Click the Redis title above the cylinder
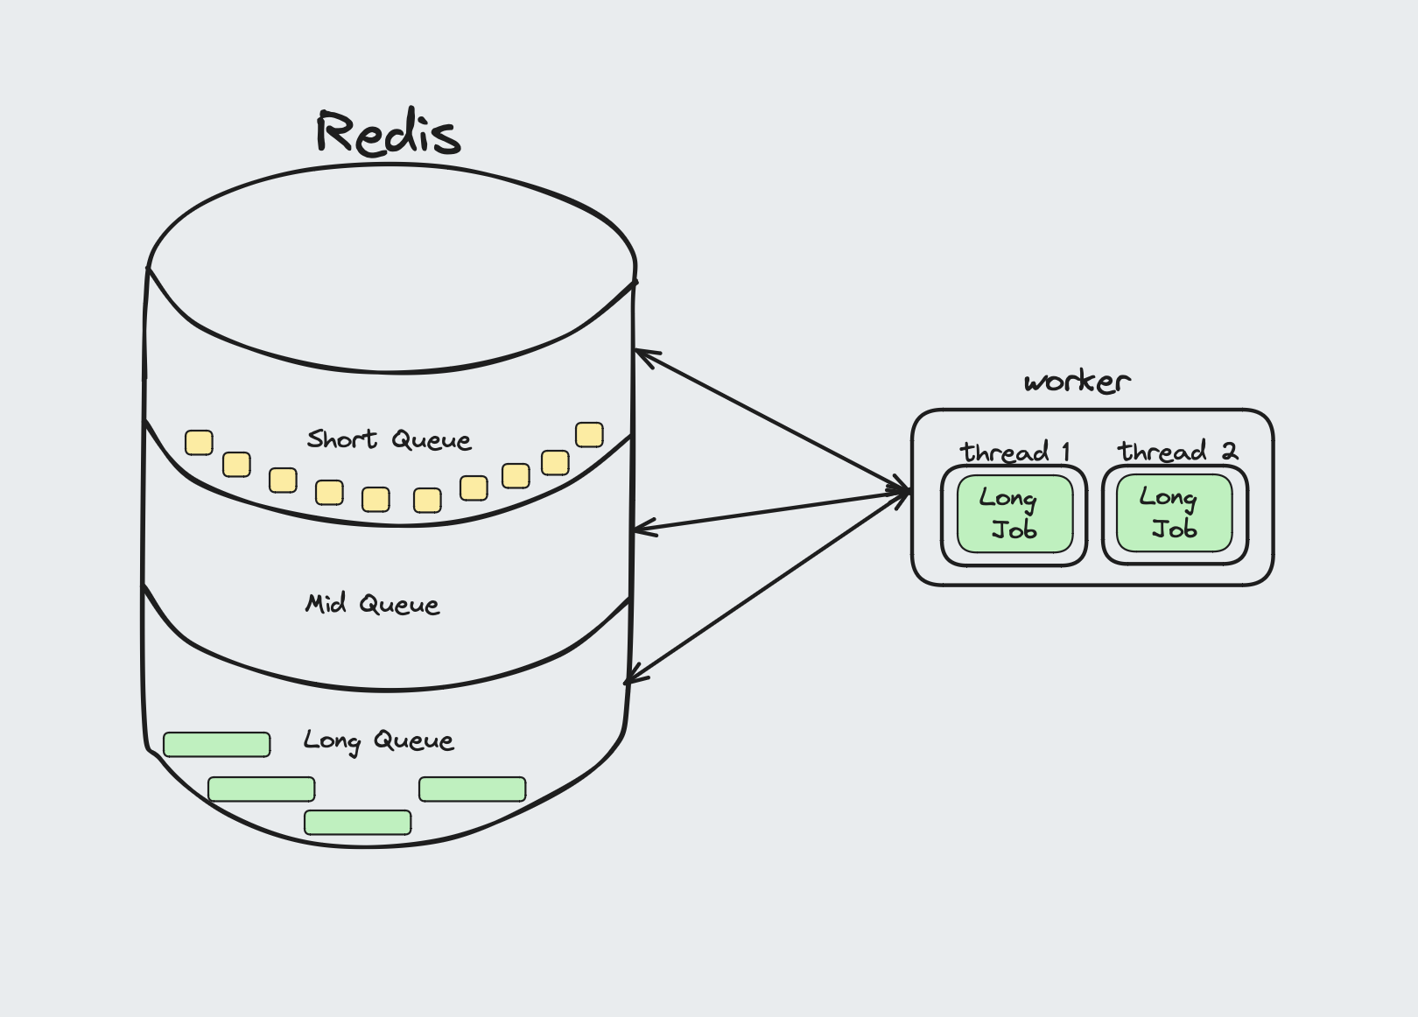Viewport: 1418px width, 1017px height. (x=388, y=134)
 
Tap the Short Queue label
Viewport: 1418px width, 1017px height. (x=389, y=439)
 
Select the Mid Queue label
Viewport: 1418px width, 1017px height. (x=372, y=604)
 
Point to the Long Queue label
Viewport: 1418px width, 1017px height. (x=378, y=741)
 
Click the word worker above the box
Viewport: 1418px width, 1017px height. (x=1077, y=382)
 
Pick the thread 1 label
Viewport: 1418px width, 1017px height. (x=1014, y=452)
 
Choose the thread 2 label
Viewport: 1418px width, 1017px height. (x=1177, y=452)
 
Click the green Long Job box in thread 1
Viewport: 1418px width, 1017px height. (x=1014, y=514)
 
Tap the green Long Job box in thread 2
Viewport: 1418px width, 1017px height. (x=1174, y=513)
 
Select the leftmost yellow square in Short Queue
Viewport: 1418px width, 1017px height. (x=200, y=442)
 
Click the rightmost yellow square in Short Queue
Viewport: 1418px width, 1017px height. (x=589, y=434)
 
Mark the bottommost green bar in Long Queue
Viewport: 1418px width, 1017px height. (x=357, y=822)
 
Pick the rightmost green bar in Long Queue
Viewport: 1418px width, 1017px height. (x=472, y=789)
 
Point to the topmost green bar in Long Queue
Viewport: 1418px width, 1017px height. (x=216, y=744)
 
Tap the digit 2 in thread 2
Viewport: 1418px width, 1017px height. (x=1229, y=452)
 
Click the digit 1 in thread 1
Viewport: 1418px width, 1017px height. (x=1065, y=452)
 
